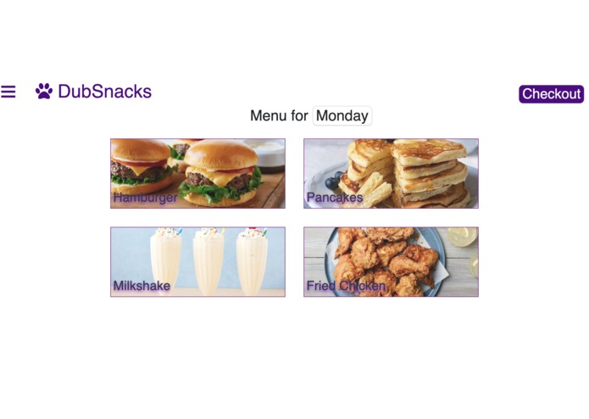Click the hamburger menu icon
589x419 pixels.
[x=8, y=92]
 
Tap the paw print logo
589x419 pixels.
[x=44, y=91]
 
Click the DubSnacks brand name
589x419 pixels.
[x=104, y=92]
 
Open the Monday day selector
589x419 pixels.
[x=342, y=116]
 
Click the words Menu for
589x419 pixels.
[x=279, y=116]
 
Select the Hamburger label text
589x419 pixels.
[x=145, y=198]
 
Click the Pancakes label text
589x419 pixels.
[x=334, y=198]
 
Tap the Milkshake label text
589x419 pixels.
[x=142, y=286]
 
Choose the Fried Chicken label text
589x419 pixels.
[x=346, y=286]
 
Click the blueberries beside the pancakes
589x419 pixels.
[x=334, y=180]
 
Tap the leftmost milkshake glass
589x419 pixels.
[x=165, y=259]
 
